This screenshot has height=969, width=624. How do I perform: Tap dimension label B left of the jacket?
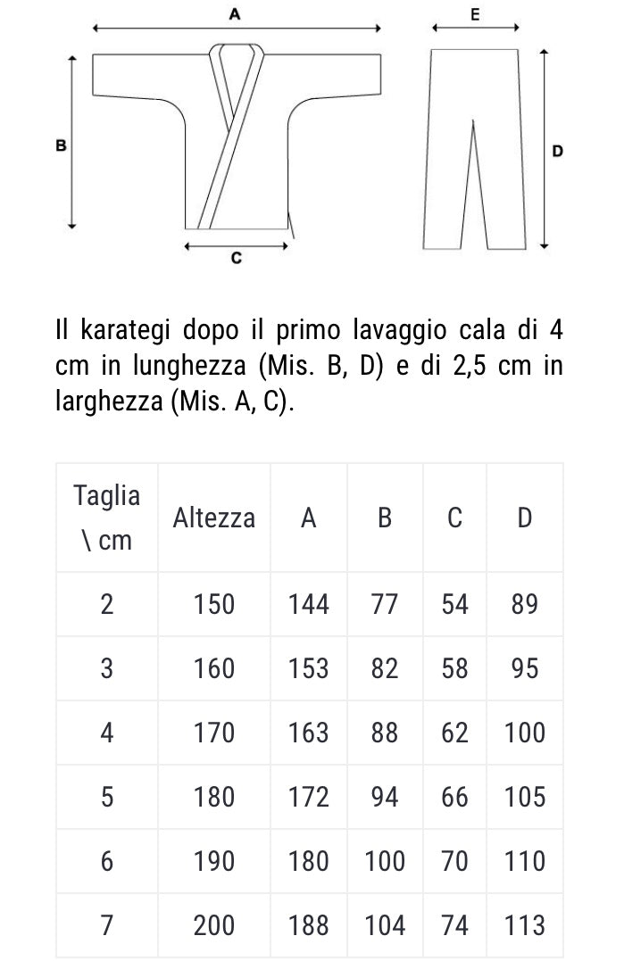[x=61, y=145]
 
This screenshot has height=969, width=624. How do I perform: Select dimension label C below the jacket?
[x=236, y=259]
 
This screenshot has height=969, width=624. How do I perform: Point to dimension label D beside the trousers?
[x=558, y=152]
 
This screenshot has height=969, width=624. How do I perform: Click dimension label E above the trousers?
[x=474, y=14]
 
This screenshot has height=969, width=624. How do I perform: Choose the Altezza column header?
[x=214, y=518]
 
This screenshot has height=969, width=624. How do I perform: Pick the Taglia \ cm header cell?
[x=107, y=518]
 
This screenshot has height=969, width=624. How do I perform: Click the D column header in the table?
[x=525, y=518]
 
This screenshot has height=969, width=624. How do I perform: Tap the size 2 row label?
[x=107, y=604]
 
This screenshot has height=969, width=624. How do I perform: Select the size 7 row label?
[x=107, y=925]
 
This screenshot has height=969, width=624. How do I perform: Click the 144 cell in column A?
[x=309, y=604]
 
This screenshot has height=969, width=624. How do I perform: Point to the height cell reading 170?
[x=214, y=733]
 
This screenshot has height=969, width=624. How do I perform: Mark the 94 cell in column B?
[x=385, y=797]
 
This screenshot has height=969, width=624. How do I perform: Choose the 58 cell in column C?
[x=454, y=668]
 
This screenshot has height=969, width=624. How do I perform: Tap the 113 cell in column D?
[x=525, y=925]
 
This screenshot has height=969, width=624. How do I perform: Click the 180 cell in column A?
[x=309, y=861]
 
